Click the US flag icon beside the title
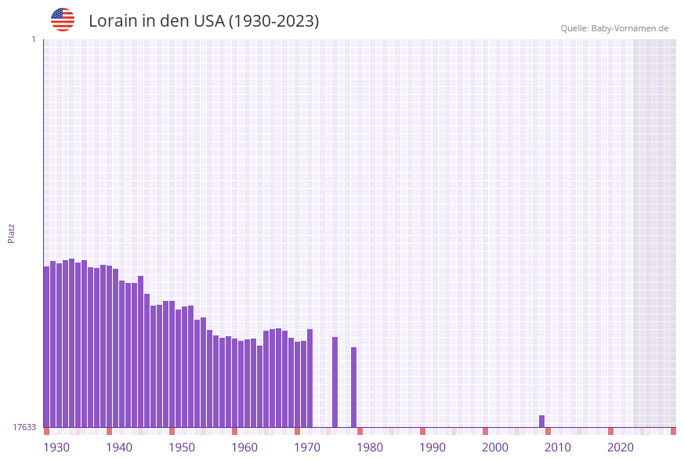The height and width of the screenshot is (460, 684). [63, 20]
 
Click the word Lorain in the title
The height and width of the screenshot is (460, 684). [113, 21]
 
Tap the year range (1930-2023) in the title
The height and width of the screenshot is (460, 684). [273, 21]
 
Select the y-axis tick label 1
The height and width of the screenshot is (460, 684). [33, 40]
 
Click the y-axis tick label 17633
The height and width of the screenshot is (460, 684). [24, 427]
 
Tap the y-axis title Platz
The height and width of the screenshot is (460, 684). [12, 233]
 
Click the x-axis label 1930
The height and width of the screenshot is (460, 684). [56, 447]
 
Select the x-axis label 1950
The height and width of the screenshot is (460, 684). [182, 447]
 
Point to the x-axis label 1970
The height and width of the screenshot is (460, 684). [307, 447]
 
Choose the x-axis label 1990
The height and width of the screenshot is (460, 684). [432, 447]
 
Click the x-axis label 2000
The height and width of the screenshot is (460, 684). [495, 447]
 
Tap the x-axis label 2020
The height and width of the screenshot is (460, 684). [621, 447]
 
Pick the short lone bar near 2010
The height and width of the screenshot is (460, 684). [541, 422]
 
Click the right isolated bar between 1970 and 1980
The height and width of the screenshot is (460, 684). [353, 387]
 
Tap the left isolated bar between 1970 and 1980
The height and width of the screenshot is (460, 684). [335, 382]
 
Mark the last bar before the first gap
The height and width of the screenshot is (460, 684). [309, 378]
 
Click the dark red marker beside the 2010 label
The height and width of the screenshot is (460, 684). [548, 431]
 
